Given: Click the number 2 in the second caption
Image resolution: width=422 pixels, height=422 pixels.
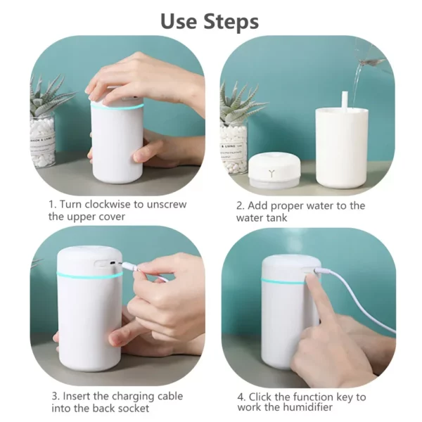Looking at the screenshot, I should pos(239,206).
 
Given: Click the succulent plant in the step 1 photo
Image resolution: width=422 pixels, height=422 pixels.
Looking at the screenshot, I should pos(49,98).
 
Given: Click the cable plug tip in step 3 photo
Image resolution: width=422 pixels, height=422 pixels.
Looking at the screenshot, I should pos(122,266).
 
